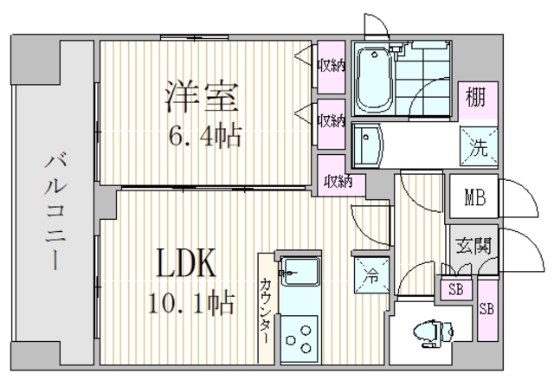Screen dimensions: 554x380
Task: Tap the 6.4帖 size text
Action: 205,136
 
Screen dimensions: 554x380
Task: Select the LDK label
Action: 186,263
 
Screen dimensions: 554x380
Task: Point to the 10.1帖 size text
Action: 191,303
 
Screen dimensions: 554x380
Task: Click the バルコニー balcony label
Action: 55,211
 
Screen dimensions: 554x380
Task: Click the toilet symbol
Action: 433,333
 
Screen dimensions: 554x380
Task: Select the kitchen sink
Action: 300,272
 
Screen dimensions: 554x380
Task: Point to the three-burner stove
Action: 300,338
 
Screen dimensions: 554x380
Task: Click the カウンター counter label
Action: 266,311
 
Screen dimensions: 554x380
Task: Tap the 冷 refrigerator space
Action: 371,274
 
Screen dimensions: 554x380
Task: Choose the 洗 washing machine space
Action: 479,146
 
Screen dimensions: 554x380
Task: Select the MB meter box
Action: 474,196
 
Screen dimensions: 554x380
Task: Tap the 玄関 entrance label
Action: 473,245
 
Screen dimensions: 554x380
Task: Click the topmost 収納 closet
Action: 331,67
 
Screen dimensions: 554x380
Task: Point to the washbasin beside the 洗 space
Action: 368,145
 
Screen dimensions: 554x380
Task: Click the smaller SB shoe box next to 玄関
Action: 456,289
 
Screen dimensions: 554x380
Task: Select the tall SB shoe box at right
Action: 487,310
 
